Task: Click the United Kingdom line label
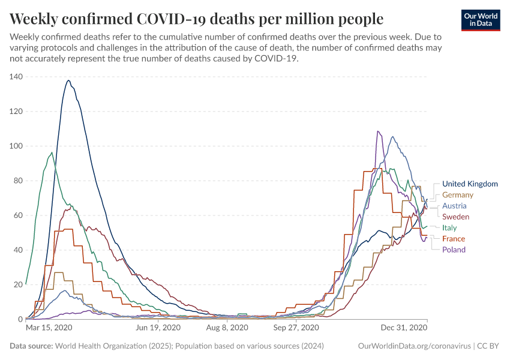470,184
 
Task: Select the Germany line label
458,195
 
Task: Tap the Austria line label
454,206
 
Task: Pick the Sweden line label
455,217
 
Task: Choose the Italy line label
449,228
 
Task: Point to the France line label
454,239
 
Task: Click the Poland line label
454,250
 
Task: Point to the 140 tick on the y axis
16,77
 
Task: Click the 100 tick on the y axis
16,146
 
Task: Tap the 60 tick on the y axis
18,215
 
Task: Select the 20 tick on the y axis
18,285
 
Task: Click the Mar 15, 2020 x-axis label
49,328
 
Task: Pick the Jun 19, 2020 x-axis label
157,328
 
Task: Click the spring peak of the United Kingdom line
68,80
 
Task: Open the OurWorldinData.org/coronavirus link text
413,346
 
